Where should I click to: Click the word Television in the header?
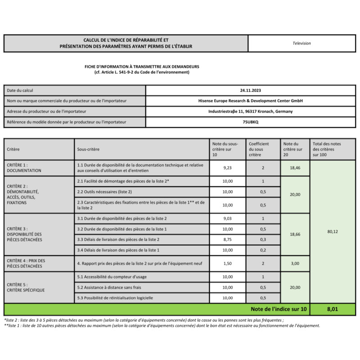click(301, 43)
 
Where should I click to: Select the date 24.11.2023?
click(250, 90)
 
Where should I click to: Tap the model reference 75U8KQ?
click(250, 122)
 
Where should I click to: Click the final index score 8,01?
click(333, 309)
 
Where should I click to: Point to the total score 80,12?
click(333, 232)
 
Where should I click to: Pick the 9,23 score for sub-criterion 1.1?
click(228, 168)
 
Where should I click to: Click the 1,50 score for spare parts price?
click(228, 263)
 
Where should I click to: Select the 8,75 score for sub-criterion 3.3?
click(228, 239)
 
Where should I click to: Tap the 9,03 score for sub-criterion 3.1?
click(228, 218)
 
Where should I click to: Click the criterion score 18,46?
click(295, 168)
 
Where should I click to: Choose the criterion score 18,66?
click(295, 234)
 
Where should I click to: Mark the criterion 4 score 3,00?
click(295, 263)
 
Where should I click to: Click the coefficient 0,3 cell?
click(263, 239)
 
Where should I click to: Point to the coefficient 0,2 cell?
click(263, 250)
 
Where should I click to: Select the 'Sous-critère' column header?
click(89, 149)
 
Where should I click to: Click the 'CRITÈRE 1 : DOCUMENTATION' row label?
click(24, 168)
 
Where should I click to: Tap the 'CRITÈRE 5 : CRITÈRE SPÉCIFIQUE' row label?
click(26, 287)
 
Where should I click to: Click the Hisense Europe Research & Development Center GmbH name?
click(250, 101)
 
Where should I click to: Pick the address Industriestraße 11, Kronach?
click(250, 111)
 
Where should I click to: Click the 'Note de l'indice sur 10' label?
click(279, 309)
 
